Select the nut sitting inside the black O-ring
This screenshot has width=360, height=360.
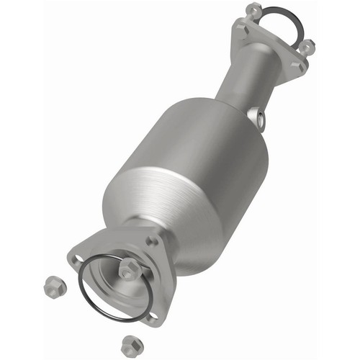(x=128, y=269)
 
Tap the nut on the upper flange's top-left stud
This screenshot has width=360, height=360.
(x=253, y=9)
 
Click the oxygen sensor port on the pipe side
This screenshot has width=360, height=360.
(x=257, y=115)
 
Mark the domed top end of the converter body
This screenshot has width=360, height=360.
(x=216, y=130)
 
